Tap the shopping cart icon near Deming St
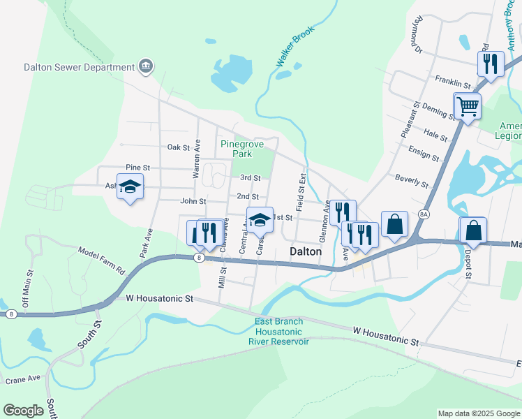tap(467, 107)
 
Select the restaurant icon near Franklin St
tap(491, 64)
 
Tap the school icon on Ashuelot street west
tap(130, 187)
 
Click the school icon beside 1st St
tap(259, 219)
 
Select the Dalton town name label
tap(305, 251)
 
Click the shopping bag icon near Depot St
tap(472, 230)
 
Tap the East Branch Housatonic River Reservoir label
tap(278, 331)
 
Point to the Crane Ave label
tap(24, 378)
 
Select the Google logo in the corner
tap(24, 410)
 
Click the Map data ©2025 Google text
tap(478, 413)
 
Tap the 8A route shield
tap(424, 214)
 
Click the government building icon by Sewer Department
tap(146, 67)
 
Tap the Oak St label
tap(179, 147)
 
